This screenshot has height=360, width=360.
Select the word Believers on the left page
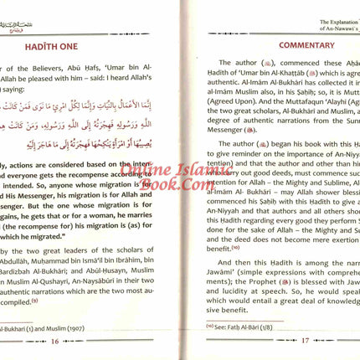(x=43, y=71)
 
